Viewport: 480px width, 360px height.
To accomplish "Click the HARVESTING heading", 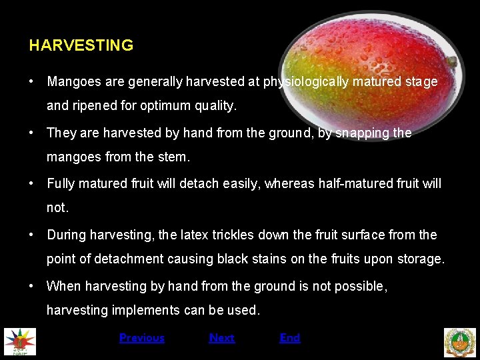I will click(81, 45).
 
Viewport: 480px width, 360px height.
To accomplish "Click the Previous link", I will click(141, 338).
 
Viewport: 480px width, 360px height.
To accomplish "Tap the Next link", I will click(221, 338).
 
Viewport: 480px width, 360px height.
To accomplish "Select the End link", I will click(289, 338).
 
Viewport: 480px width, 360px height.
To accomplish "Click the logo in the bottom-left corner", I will click(20, 342).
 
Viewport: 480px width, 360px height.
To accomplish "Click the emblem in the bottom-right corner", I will click(460, 342).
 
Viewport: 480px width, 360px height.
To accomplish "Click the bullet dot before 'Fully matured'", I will click(31, 183).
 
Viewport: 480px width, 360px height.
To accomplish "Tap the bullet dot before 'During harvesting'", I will click(31, 235).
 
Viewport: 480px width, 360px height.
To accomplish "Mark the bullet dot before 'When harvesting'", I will click(31, 286).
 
